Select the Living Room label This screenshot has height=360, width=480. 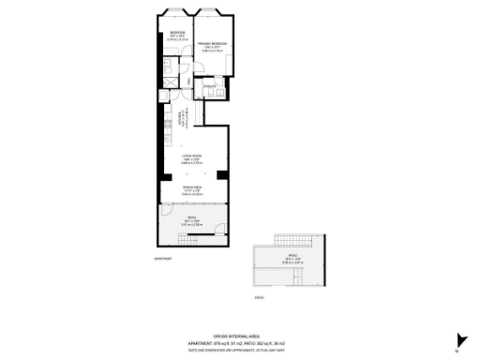click(192, 157)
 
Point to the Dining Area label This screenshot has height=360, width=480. click(192, 188)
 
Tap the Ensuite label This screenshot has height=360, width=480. click(211, 86)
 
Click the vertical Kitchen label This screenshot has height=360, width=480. click(180, 117)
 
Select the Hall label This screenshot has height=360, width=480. click(189, 83)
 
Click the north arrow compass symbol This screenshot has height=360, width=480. click(458, 341)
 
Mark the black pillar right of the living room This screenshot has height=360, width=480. click(221, 175)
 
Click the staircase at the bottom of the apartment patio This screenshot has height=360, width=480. click(190, 241)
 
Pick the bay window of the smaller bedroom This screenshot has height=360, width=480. click(173, 12)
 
